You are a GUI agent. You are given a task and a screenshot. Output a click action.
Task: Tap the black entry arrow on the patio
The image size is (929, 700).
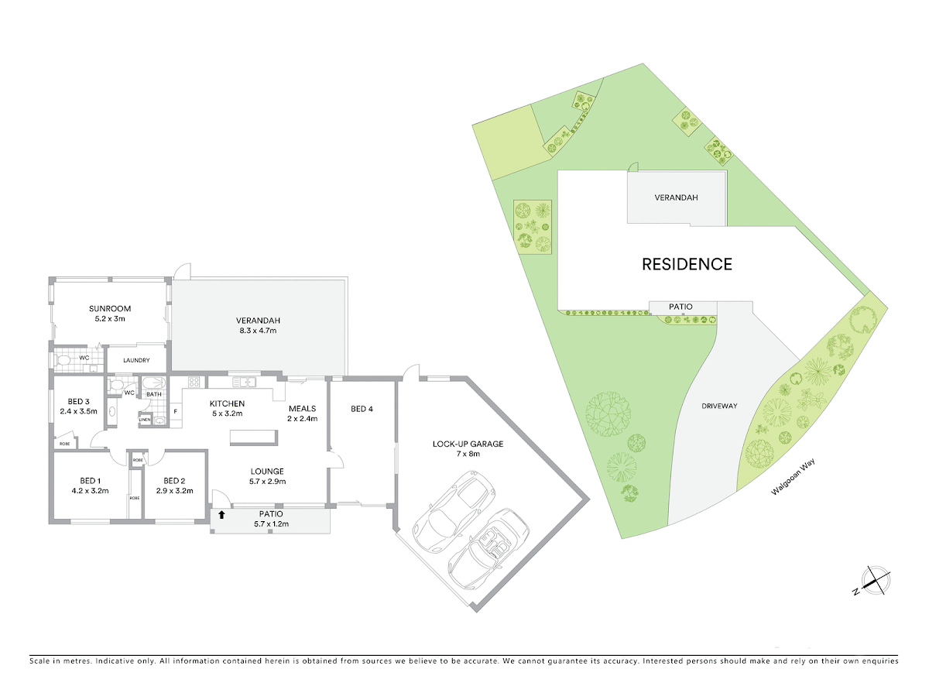[x=221, y=515]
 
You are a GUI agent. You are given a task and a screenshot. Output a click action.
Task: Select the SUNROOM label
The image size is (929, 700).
[x=110, y=309]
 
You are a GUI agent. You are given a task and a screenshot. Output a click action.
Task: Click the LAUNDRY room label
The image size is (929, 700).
[x=136, y=361]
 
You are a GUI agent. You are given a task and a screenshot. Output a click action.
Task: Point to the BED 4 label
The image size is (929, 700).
[x=362, y=409]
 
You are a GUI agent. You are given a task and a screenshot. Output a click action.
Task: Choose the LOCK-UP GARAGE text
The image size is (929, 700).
[x=468, y=444]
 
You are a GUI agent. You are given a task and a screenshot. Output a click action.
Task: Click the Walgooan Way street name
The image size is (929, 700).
[x=793, y=477]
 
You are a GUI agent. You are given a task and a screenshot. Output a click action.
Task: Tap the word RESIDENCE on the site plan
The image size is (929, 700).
[x=687, y=265]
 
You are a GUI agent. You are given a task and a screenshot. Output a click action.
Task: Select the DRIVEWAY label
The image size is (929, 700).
[x=719, y=406]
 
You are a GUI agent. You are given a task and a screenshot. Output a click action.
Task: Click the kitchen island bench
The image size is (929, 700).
[x=253, y=437]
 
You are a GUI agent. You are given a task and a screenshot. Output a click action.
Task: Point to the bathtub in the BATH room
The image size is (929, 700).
[x=153, y=383]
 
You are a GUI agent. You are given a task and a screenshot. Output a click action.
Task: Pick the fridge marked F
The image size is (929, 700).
[x=176, y=412]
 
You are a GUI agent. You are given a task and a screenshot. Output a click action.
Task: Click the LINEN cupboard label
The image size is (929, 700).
[x=144, y=420]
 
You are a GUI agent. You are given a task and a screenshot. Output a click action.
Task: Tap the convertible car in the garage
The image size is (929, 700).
[x=488, y=549]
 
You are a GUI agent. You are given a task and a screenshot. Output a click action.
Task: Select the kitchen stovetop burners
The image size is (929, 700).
[x=194, y=383]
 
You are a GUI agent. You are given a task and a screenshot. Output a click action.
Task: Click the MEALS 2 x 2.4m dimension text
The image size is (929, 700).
[x=302, y=419]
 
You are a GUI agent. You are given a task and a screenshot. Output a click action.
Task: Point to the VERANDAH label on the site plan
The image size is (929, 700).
[x=676, y=197]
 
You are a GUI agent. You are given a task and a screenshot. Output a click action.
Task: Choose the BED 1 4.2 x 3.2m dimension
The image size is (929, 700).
[x=90, y=491]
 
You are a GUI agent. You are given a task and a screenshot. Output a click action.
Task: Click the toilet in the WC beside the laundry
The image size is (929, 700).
[x=63, y=361]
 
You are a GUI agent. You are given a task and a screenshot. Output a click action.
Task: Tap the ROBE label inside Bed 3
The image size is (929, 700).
[x=64, y=444]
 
